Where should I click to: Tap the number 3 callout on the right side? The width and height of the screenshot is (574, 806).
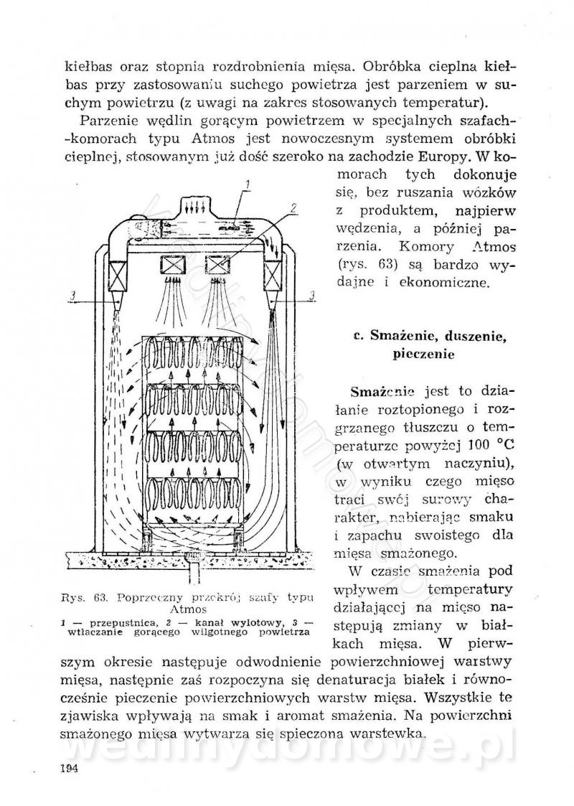pyautogui.click(x=309, y=294)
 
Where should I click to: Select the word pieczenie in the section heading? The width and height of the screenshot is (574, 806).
pyautogui.click(x=428, y=354)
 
